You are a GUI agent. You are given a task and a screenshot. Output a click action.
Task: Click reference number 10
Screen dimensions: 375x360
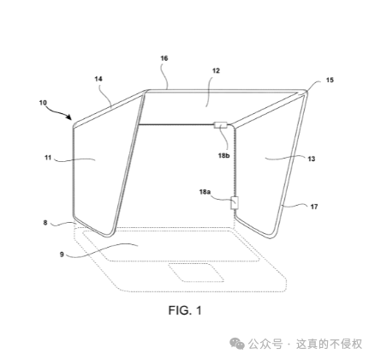[43, 103]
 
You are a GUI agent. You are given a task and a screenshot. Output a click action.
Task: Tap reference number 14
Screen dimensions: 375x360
[98, 79]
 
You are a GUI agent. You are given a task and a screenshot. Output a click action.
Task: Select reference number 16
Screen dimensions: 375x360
[164, 58]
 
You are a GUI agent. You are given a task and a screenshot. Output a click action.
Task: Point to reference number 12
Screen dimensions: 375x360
[216, 70]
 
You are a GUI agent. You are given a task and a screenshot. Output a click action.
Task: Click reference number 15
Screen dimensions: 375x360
[330, 81]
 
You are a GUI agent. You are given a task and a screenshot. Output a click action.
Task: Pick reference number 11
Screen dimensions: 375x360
[48, 158]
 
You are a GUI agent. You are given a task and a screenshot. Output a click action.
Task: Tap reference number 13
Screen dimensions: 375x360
[312, 159]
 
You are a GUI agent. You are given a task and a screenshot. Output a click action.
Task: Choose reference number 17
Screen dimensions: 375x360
[314, 207]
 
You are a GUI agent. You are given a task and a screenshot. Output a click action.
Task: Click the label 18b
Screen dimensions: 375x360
[224, 155]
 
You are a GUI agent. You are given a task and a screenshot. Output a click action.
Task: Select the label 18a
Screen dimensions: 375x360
[205, 192]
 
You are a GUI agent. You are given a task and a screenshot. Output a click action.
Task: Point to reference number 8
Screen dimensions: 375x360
[45, 223]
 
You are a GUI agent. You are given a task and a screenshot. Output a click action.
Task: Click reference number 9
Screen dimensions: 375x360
[62, 254]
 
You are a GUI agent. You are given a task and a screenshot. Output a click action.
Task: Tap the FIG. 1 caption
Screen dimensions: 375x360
[185, 310]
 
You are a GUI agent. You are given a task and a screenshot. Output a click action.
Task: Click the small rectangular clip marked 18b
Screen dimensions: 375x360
[220, 125]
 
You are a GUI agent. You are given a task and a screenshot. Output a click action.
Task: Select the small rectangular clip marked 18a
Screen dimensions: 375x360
[235, 203]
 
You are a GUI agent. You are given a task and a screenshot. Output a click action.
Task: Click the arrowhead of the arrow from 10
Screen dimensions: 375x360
[68, 117]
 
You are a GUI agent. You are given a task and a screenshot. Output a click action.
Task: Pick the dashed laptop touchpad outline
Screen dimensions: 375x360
[196, 273]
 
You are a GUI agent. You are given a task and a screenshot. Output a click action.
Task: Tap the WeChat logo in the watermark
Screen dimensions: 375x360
[237, 343]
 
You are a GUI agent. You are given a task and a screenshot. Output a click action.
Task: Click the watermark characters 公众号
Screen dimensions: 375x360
[265, 344]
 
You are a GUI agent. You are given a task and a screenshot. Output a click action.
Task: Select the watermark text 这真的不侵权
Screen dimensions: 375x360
[329, 344]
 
